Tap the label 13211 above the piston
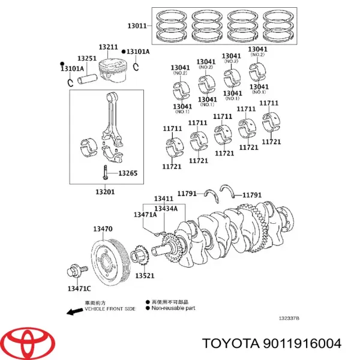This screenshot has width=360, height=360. click(108, 47)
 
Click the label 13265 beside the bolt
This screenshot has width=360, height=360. click(127, 173)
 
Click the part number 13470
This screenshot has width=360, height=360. click(103, 229)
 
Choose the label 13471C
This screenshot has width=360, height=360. click(80, 289)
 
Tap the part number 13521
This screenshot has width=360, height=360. click(145, 276)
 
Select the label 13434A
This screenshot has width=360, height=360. click(165, 208)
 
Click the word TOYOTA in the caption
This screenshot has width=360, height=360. click(227, 343)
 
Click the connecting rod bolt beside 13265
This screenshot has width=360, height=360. click(105, 172)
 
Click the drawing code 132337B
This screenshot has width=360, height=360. click(289, 319)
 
